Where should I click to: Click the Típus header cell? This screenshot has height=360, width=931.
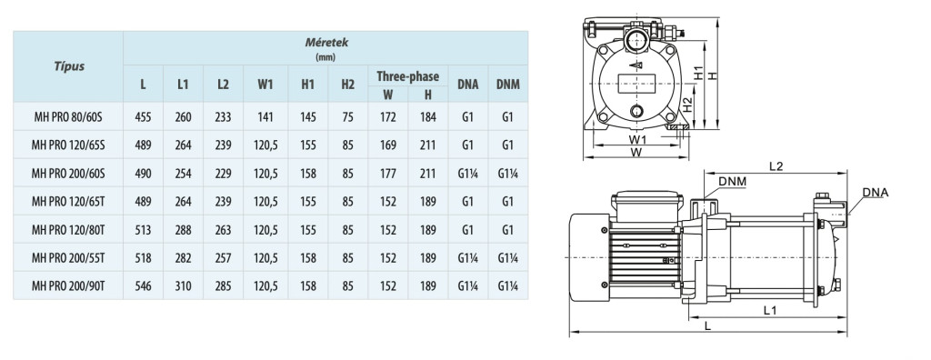[x=69, y=66]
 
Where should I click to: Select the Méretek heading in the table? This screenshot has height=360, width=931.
[x=326, y=43]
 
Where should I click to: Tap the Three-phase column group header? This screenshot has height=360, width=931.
[x=408, y=76]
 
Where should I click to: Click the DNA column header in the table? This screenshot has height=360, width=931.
[x=468, y=85]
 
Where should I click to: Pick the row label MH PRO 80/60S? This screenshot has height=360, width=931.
[x=67, y=117]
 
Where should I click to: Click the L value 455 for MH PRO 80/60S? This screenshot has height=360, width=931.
[x=143, y=117]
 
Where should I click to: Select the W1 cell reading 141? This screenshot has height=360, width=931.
[x=265, y=117]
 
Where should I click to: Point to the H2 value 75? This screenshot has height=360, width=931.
[x=347, y=117]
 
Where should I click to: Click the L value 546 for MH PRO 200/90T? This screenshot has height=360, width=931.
[x=143, y=286]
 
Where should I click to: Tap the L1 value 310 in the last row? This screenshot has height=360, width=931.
[x=183, y=286]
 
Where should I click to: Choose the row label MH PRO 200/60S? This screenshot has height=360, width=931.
[x=68, y=174]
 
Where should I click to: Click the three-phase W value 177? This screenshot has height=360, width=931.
[x=387, y=174]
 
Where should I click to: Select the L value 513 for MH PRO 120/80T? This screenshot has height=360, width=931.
[x=143, y=230]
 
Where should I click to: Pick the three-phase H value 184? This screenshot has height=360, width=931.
[x=427, y=117]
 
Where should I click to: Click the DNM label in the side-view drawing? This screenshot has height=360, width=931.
[x=732, y=181]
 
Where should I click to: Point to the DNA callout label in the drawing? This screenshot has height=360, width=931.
[x=876, y=193]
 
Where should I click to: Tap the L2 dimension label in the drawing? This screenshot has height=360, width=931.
[x=776, y=166]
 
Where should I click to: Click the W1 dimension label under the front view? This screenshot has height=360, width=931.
[x=637, y=139]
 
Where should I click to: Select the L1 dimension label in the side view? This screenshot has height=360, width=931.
[x=770, y=309]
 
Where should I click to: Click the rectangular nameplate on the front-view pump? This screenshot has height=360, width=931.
[x=635, y=84]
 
